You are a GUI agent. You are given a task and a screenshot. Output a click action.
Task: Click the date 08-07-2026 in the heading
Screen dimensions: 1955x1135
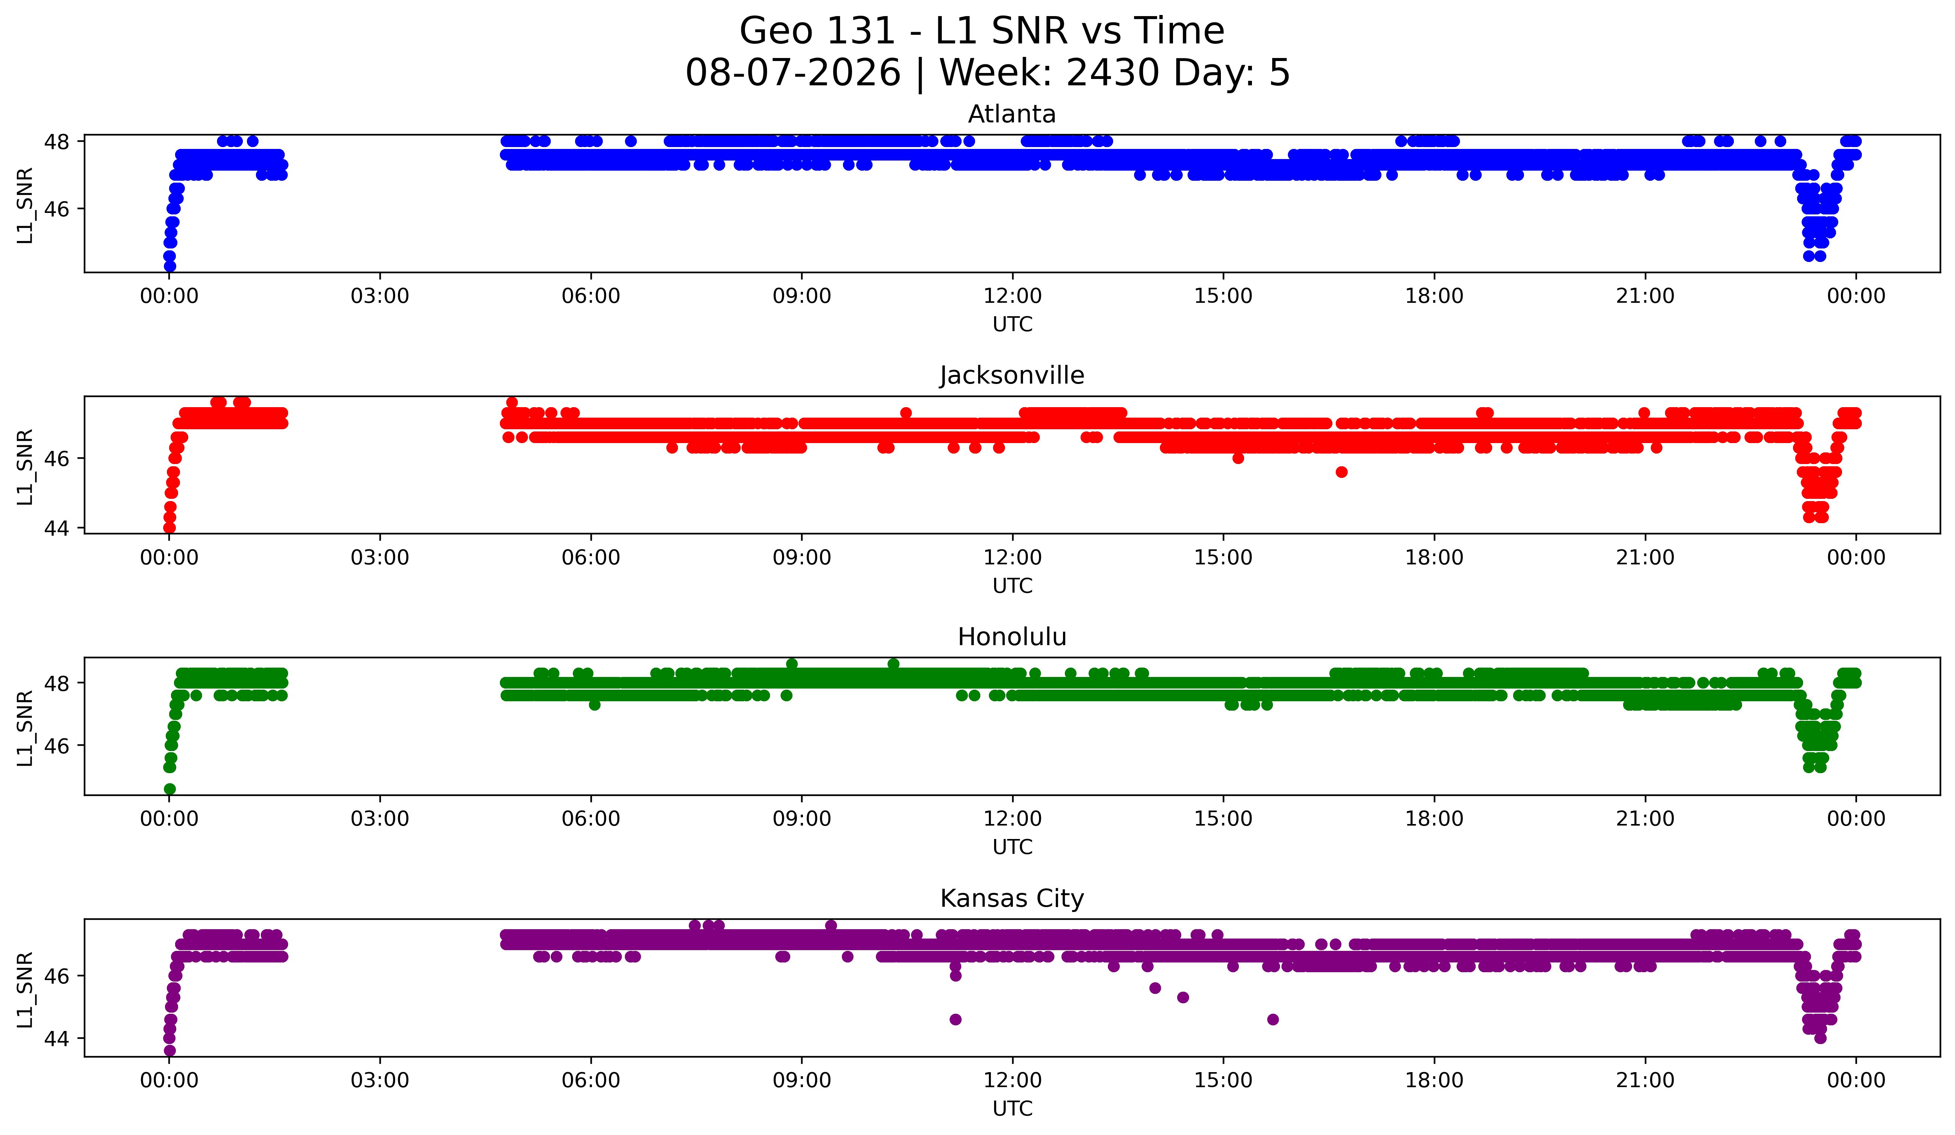click(793, 73)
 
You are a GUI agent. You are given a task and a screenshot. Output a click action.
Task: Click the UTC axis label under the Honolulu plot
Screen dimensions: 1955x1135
click(1012, 847)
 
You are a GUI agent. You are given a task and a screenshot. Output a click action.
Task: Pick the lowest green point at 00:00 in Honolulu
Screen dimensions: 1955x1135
click(170, 789)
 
